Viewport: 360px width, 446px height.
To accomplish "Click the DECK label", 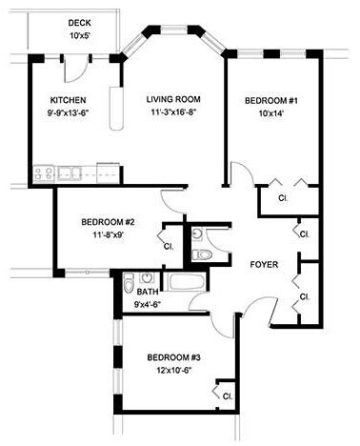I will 79,23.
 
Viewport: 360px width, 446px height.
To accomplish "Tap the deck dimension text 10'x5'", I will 79,36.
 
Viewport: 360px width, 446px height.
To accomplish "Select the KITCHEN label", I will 69,100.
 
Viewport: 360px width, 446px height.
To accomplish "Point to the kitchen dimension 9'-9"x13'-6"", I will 69,113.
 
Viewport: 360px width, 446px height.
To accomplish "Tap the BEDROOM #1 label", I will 271,100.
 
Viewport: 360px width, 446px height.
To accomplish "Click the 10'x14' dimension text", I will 271,113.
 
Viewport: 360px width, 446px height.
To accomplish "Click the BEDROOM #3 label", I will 173,358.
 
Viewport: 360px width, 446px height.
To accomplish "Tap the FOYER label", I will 264,264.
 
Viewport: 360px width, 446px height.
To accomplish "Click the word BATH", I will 147,293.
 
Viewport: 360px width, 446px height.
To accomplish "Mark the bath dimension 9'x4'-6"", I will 147,305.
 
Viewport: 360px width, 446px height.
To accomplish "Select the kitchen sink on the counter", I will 68,173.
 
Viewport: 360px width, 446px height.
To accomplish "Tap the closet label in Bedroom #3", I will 228,395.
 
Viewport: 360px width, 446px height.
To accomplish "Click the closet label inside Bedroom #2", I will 169,246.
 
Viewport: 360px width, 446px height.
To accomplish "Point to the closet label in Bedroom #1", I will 283,198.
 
